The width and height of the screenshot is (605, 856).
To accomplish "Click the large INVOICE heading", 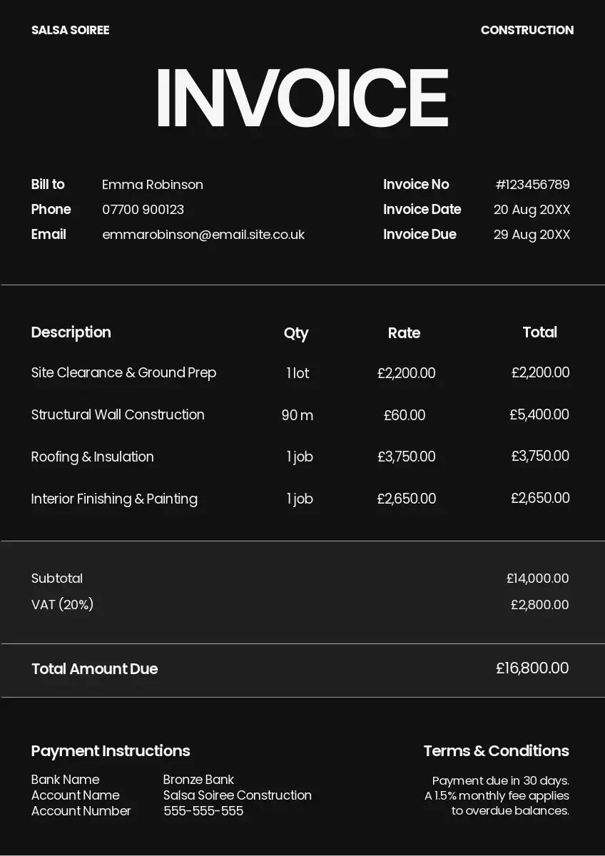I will [302, 98].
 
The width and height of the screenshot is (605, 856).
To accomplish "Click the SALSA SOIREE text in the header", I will [70, 30].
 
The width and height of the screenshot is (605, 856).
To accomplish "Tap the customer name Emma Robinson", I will [153, 185].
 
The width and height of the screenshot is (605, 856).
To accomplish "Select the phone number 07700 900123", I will [143, 210].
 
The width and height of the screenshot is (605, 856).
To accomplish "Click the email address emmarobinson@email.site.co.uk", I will [203, 235].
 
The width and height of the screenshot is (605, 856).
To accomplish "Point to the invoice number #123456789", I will [532, 185].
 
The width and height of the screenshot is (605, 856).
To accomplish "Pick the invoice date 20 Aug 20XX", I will [532, 210].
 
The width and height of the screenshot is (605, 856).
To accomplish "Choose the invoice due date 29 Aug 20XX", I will [532, 235].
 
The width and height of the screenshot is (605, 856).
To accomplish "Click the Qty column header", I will [296, 333].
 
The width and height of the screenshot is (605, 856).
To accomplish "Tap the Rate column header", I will [404, 333].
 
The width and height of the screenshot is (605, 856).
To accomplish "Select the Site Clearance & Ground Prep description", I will [123, 373].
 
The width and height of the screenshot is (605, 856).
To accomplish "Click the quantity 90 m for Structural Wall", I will [298, 415].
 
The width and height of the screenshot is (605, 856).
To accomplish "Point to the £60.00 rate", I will [405, 415].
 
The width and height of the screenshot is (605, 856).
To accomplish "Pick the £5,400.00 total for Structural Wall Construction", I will [539, 414].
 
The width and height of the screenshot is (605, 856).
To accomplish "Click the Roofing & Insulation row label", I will [93, 457].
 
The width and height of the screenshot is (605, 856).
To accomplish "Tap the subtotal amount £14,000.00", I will [537, 579].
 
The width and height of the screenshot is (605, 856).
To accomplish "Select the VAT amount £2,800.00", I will [539, 605].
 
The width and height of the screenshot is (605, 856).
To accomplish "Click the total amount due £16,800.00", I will [532, 668].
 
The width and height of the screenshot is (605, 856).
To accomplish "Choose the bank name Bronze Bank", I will [198, 780].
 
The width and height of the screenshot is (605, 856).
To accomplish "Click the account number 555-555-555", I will [203, 811].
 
